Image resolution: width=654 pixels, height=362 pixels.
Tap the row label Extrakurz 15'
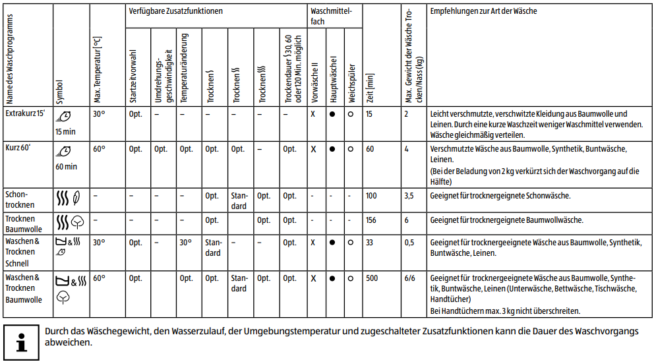[x=25, y=113]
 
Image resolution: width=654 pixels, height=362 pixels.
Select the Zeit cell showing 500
[x=372, y=278]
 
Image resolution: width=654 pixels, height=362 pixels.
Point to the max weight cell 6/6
[x=410, y=278]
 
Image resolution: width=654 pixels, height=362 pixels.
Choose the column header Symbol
[x=61, y=92]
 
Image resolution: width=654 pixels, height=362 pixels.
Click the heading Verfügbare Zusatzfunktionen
[x=175, y=11]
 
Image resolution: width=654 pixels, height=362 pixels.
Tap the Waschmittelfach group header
[x=334, y=16]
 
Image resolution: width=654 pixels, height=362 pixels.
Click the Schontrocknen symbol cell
[x=68, y=197]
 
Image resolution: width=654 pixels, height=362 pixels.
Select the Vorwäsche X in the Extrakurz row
[x=313, y=114]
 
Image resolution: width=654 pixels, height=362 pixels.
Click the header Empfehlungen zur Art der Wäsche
[x=483, y=12]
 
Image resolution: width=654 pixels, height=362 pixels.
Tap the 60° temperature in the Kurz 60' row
[x=99, y=149]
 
